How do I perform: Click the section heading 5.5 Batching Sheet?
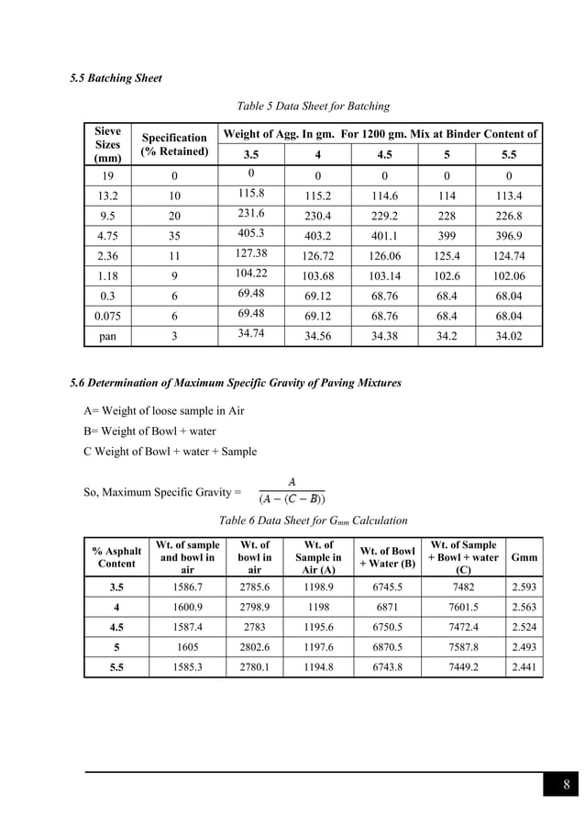point(116,79)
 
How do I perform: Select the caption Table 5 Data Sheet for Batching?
point(313,106)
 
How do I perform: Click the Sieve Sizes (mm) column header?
point(107,144)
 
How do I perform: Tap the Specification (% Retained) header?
point(174,144)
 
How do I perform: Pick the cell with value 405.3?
point(250,233)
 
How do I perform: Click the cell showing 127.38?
point(250,253)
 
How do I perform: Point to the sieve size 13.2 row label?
point(107,196)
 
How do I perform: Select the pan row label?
point(107,336)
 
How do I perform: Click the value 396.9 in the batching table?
point(509,235)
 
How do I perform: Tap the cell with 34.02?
point(509,336)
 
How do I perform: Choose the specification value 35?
point(174,235)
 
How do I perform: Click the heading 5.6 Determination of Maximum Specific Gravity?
point(236,382)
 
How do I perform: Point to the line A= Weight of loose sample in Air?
point(164,410)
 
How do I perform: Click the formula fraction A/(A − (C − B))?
point(292,491)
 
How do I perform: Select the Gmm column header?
point(524,557)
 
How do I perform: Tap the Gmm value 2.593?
point(524,587)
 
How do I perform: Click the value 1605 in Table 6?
point(187,648)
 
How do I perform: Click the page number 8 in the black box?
point(567,785)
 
